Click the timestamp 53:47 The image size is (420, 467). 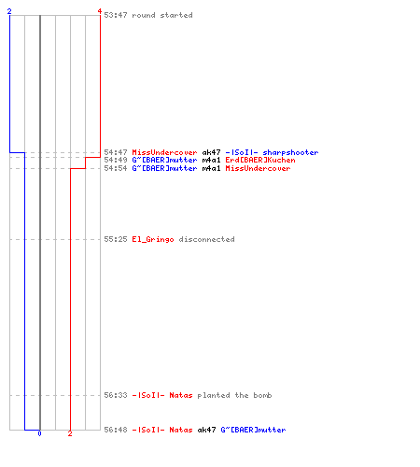tap(116, 15)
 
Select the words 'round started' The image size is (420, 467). tap(162, 15)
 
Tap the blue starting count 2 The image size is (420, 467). tap(9, 11)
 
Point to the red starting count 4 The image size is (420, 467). tap(100, 11)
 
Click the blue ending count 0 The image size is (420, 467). tap(39, 433)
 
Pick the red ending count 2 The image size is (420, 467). tap(70, 433)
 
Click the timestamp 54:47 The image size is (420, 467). tap(116, 152)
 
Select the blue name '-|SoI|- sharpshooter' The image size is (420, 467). tap(272, 152)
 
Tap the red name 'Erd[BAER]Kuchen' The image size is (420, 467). tap(260, 160)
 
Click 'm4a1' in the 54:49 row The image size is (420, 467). tap(211, 160)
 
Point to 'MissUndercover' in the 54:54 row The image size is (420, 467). tap(258, 168)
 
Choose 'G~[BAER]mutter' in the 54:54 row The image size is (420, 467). tap(164, 168)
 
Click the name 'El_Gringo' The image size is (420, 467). tap(153, 239)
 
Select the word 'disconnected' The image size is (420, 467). tap(206, 239)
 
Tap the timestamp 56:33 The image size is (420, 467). tap(116, 395)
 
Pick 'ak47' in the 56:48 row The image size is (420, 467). tap(206, 430)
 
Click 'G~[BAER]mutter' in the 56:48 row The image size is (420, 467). tap(253, 430)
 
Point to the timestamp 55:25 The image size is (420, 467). tap(116, 239)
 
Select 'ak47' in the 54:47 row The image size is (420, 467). tap(211, 152)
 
